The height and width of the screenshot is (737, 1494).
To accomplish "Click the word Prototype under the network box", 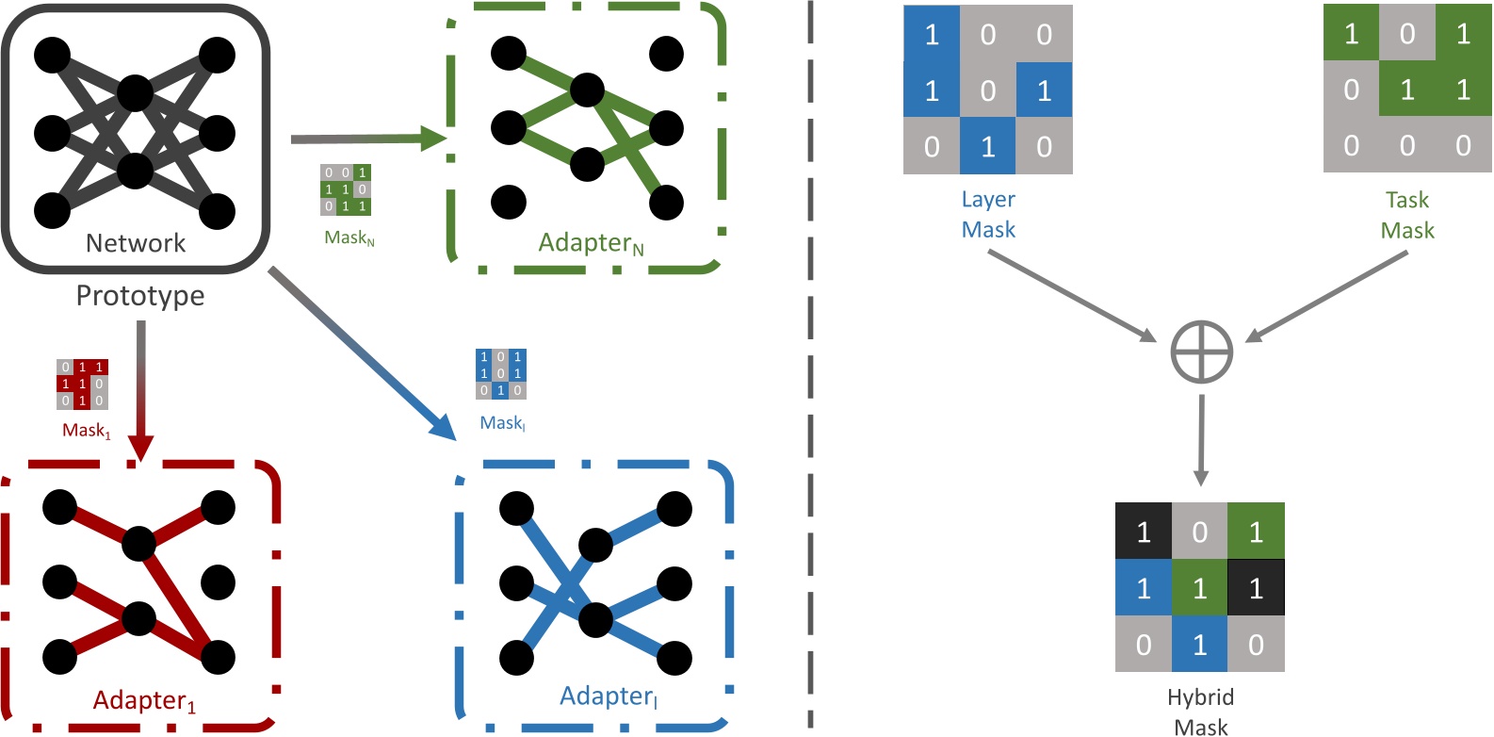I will point(140,296).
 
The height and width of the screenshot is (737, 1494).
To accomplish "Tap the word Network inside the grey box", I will point(136,243).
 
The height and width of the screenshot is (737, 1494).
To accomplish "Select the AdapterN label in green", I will point(591,243).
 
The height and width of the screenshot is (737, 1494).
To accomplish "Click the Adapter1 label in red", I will point(144,700).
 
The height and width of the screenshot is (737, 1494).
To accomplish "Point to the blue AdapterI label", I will point(609,696).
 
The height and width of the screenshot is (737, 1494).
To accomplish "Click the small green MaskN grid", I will point(346,189).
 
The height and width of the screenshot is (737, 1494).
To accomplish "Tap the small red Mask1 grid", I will point(83,384).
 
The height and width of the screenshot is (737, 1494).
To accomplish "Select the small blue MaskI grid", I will point(501,373).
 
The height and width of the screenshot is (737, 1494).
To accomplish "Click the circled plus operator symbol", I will point(1201,352).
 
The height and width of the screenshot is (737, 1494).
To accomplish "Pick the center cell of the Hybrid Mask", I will point(1199,588).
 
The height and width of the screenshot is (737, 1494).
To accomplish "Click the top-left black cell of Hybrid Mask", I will point(1143,532).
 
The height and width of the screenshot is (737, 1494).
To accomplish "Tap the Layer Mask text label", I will point(988,215).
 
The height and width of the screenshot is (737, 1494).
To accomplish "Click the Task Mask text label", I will point(1407,215).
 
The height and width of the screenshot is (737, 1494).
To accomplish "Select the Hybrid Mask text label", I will point(1200,712).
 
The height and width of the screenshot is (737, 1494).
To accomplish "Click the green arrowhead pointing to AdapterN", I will point(432,139).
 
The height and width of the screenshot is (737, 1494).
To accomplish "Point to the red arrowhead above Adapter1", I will point(140,448).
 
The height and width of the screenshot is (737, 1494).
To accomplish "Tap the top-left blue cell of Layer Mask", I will point(932,34).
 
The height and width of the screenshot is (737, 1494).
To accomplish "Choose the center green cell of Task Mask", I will point(1407,90).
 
